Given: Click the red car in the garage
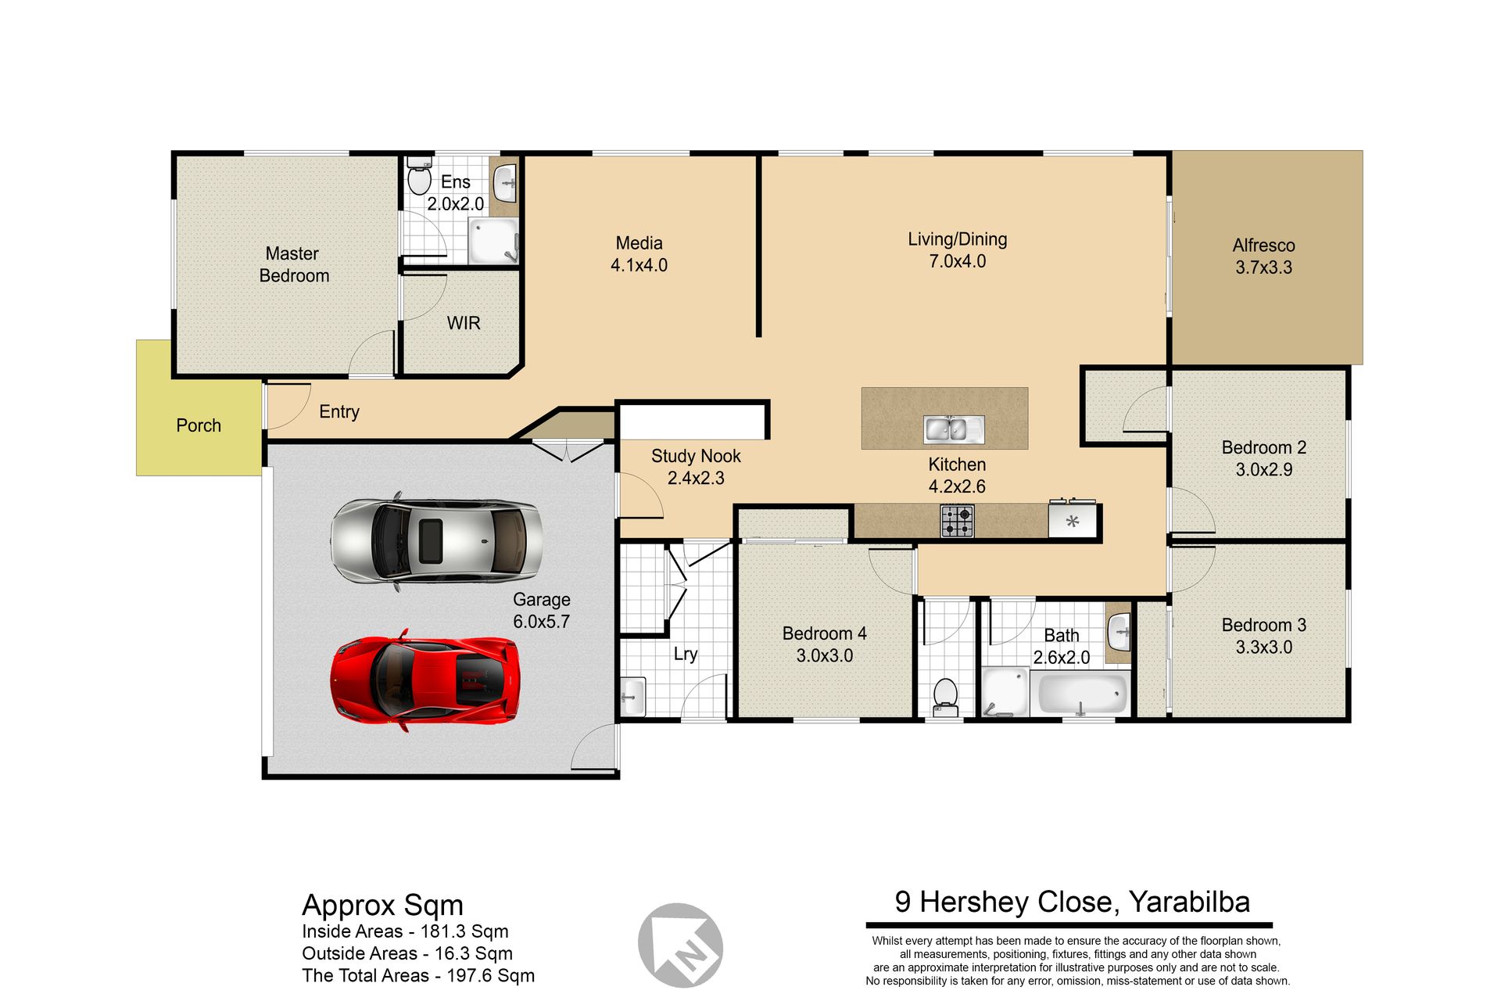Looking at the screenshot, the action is click(x=425, y=680).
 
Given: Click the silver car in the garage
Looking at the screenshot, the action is click(x=436, y=540).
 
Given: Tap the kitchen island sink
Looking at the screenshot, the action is click(x=954, y=429).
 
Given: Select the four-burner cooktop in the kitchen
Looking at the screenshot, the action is click(x=957, y=521).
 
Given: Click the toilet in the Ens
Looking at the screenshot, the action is click(x=420, y=178).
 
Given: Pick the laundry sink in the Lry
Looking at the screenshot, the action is click(x=632, y=696).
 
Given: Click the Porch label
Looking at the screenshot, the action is click(x=199, y=425).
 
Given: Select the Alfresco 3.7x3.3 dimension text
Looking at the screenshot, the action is click(x=1263, y=267).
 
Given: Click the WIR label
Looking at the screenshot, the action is click(x=464, y=323).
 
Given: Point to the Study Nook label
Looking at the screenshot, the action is click(x=696, y=456).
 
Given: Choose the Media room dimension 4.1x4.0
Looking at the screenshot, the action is click(x=639, y=265).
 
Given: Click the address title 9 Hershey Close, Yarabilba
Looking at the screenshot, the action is click(x=1073, y=902).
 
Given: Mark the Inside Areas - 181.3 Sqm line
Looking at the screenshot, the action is click(x=405, y=931).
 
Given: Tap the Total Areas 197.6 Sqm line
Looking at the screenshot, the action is click(x=418, y=975).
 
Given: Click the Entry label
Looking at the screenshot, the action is click(x=339, y=412).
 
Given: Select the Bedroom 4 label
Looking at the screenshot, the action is click(x=824, y=633).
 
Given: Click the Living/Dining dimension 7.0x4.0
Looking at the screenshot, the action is click(x=957, y=261).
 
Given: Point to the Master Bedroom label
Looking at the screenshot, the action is click(x=293, y=264).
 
